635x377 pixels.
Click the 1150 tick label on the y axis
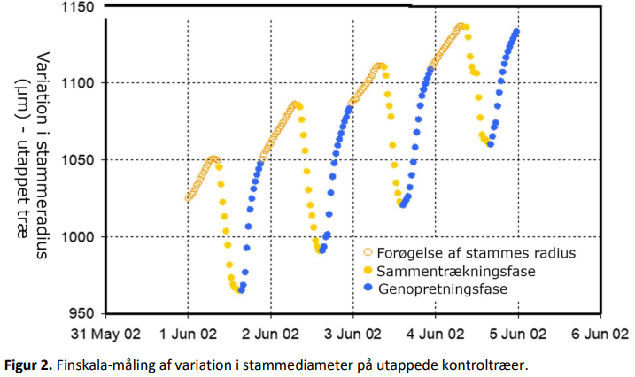tap(77, 7)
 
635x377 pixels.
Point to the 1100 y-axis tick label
tap(77, 83)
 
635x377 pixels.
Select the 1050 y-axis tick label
tap(77, 160)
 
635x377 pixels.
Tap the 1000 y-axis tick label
tap(77, 237)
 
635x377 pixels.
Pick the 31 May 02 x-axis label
tap(105, 335)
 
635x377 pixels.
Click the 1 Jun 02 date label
tap(188, 335)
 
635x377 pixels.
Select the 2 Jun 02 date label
tap(270, 335)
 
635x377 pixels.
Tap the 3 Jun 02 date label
tap(352, 335)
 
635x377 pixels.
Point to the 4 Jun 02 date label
tap(436, 335)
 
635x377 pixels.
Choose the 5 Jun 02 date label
tap(518, 335)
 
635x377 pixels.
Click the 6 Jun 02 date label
tap(600, 335)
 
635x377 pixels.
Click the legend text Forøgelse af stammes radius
tap(476, 253)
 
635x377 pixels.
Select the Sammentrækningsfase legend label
tap(456, 271)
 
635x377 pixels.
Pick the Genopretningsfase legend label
tap(443, 289)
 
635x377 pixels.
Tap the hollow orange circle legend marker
tap(368, 252)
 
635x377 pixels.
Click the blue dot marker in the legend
tap(368, 288)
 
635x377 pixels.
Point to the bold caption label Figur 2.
tap(28, 365)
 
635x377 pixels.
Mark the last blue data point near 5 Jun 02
tap(516, 32)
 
